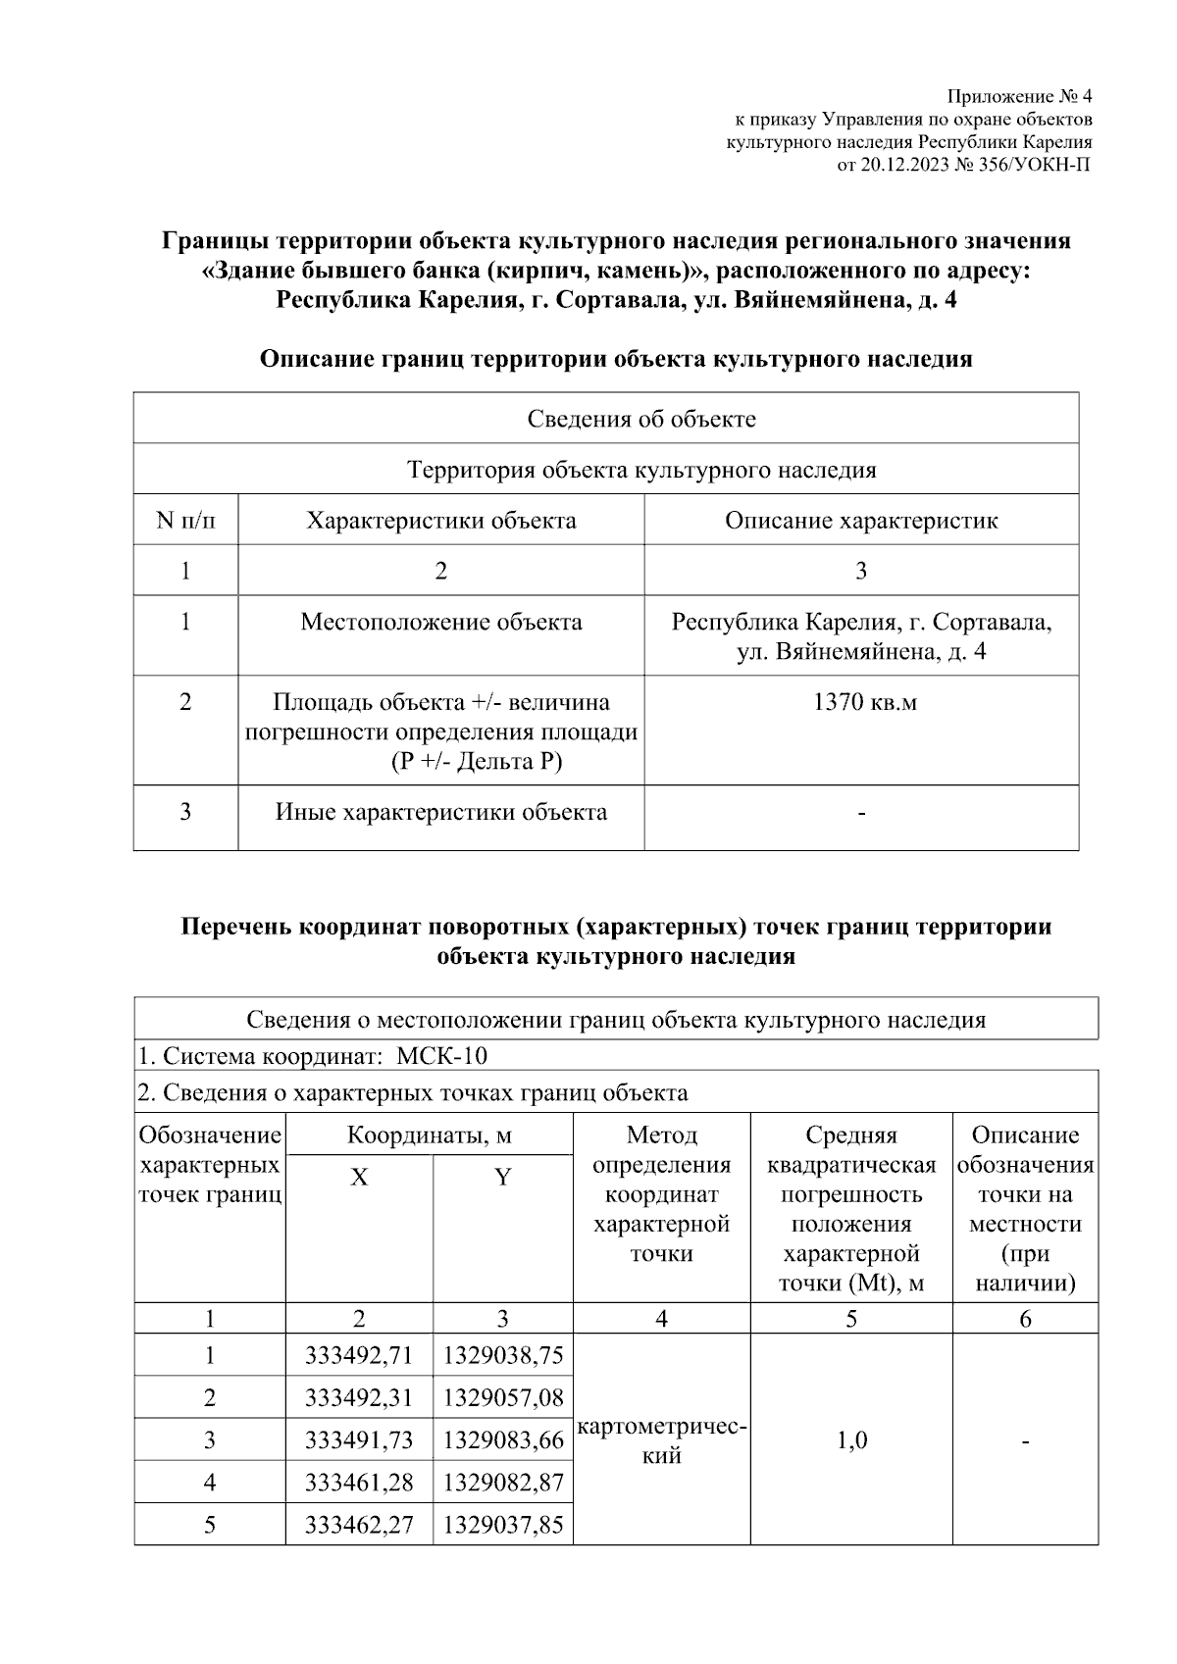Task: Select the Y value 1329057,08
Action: click(503, 1397)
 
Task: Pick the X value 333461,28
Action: click(359, 1482)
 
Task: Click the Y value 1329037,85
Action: click(503, 1525)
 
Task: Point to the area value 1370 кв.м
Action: click(861, 702)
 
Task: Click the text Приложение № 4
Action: click(1019, 96)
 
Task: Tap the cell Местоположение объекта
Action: click(440, 622)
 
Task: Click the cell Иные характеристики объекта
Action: click(440, 812)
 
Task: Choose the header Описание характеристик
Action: click(861, 520)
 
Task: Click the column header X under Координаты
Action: click(359, 1177)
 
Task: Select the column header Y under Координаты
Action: click(503, 1177)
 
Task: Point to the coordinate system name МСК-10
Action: click(442, 1056)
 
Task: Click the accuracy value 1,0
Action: click(851, 1439)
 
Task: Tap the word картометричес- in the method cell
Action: click(663, 1427)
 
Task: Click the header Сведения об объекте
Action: click(641, 419)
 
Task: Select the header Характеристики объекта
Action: click(440, 520)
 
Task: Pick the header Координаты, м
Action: click(430, 1135)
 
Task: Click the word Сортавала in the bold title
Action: click(617, 300)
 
